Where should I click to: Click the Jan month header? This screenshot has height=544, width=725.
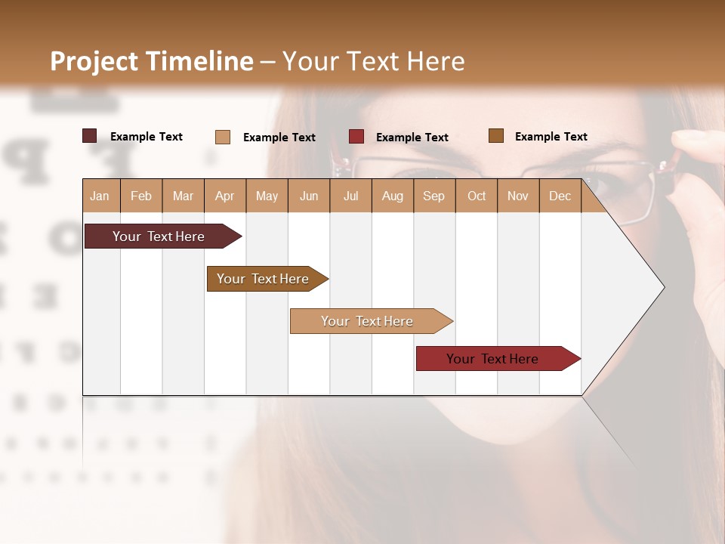100,196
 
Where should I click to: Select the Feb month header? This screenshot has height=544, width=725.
141,196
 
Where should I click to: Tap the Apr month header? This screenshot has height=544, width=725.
224,196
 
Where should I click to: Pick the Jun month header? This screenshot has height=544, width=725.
309,196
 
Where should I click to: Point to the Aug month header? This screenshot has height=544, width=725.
392,196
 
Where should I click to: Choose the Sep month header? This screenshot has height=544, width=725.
433,196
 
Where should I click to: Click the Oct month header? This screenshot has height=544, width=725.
477,196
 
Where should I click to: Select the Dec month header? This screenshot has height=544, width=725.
560,196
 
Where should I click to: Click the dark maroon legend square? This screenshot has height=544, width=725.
90,136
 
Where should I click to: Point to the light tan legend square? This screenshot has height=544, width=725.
223,137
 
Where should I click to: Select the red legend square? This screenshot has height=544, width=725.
356,137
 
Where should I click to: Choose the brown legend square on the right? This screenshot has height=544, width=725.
496,136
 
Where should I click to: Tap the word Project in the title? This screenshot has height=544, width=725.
94,61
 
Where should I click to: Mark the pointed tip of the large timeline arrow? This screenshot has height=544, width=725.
663,287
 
